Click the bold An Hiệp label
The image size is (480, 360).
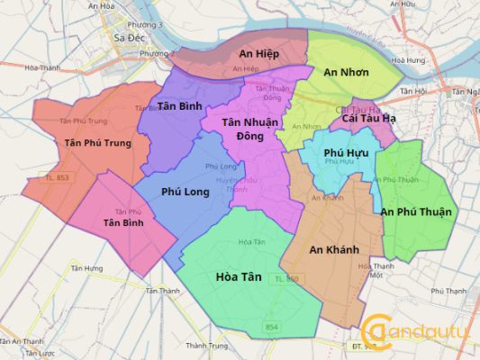pos(258,54)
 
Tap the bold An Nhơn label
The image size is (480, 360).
pos(344,72)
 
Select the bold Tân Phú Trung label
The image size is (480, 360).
pos(98,143)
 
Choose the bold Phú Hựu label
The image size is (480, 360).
pos(343,153)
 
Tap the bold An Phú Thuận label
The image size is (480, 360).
pos(419,211)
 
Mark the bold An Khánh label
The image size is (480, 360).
pos(334,249)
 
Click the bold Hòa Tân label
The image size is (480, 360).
pos(239,277)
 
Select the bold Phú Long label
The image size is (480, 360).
pos(185,192)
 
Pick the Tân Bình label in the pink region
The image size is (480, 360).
pos(123,222)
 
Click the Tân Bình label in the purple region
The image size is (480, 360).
pos(179,106)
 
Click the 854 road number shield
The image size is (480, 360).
pos(273,326)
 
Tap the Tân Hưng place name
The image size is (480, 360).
pos(87,268)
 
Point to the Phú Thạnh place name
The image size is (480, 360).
pos(449,292)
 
